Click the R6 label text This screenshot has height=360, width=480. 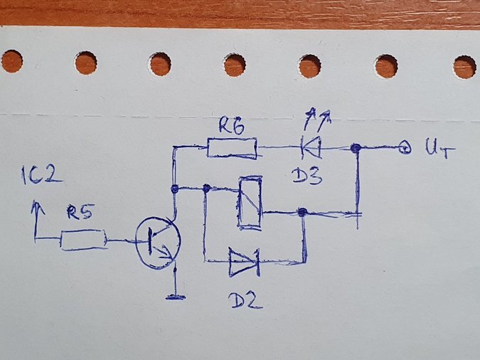point(231,127)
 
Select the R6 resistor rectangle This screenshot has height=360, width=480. point(232,148)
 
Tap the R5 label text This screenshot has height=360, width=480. point(81,212)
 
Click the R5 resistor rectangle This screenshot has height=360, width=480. point(83,240)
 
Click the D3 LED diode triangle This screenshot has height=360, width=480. point(311,148)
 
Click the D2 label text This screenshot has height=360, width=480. point(246,300)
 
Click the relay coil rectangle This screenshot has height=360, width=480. point(249,202)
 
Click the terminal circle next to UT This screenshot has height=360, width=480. point(405,149)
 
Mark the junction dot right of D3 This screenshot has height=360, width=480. point(356,148)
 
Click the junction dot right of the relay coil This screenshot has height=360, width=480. point(302,212)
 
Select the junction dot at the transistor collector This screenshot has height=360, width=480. point(175,189)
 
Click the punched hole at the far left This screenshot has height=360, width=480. point(11,61)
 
